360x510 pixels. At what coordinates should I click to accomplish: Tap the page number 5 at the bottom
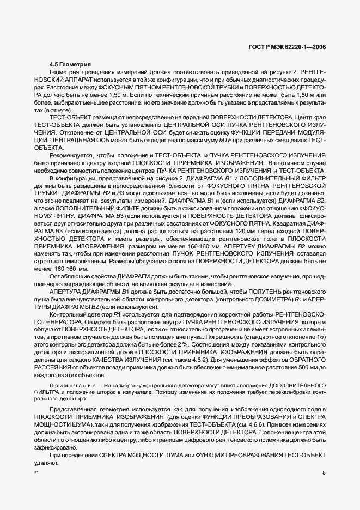pyautogui.click(x=324, y=473)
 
